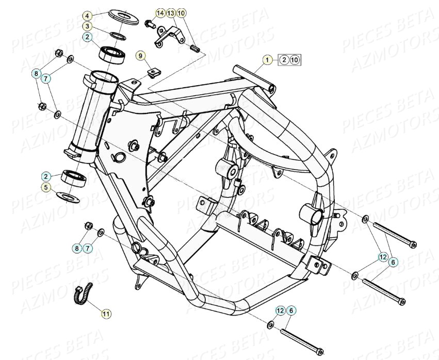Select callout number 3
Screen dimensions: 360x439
88,26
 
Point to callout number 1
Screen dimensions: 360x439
267,60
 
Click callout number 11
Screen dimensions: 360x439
106,313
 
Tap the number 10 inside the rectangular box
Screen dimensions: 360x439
295,60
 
